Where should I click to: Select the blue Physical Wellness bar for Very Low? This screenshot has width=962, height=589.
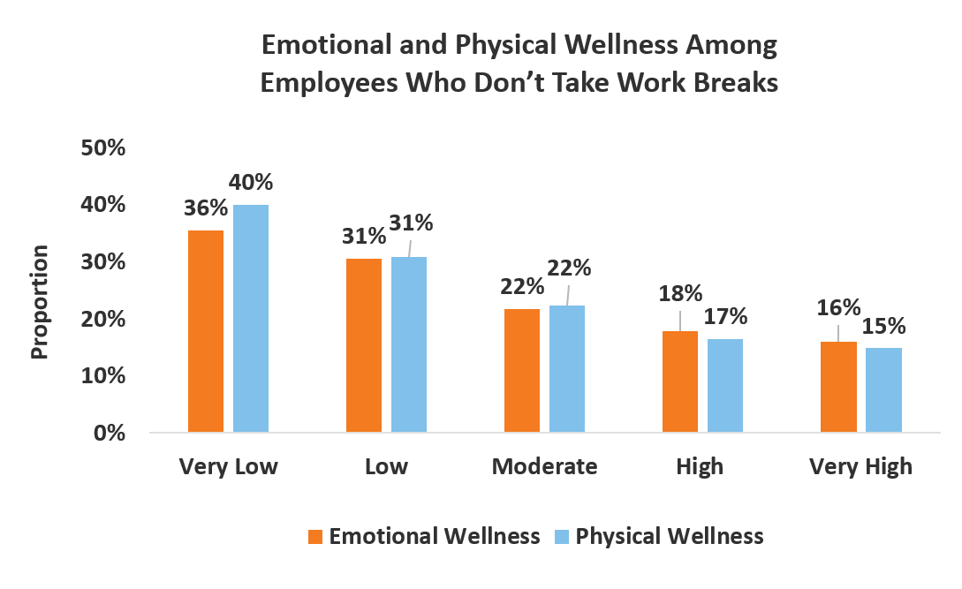tap(250, 319)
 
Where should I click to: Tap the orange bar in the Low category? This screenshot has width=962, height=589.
tap(364, 345)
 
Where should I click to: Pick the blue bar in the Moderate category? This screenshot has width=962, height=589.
tap(566, 369)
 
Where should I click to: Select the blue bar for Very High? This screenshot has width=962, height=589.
tap(883, 390)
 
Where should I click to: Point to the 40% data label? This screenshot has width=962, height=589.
tap(252, 183)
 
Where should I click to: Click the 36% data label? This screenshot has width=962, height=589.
tap(206, 209)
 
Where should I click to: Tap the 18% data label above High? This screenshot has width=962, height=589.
tap(680, 292)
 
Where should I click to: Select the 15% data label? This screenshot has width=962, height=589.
tap(884, 326)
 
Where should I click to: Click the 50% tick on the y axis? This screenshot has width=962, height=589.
tap(103, 147)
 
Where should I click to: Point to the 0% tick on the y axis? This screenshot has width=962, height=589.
tap(110, 434)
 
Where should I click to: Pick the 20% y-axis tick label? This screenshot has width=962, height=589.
tap(103, 319)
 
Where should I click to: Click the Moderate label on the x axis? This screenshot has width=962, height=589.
tap(544, 466)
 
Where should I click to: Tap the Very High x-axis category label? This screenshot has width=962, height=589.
tap(860, 466)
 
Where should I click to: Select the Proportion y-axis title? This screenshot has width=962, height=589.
tap(40, 301)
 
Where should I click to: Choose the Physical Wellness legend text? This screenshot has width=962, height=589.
tap(669, 536)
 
